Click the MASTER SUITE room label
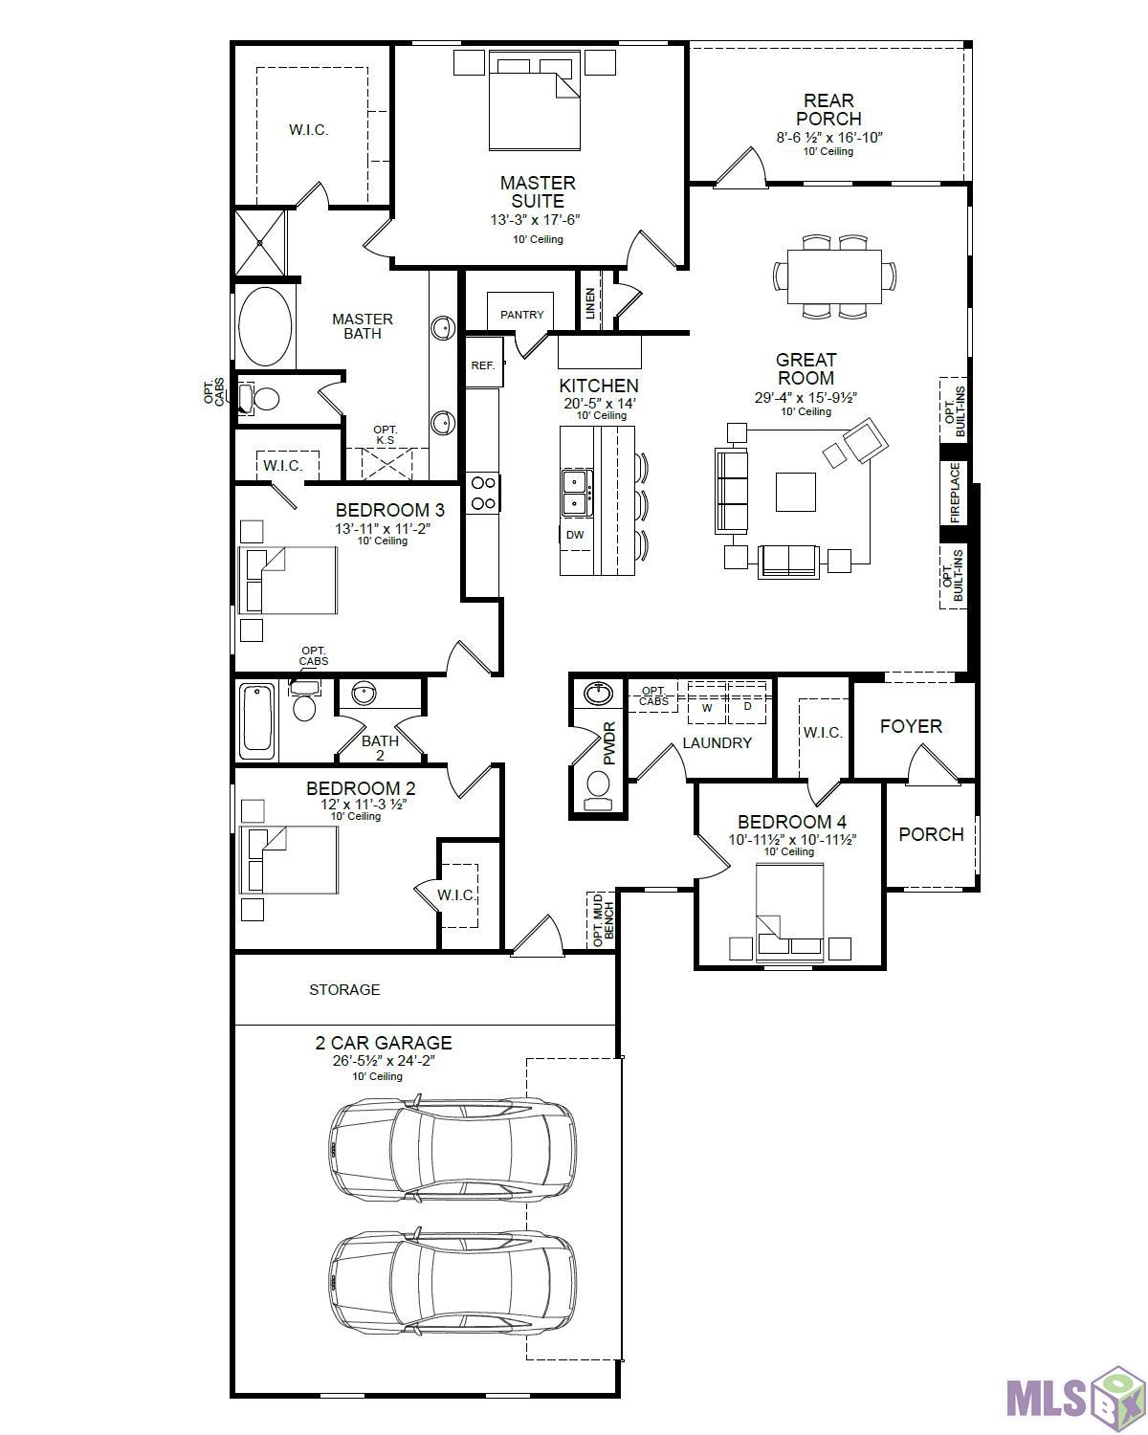[537, 191]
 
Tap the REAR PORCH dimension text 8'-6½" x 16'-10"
[828, 137]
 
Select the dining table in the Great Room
[834, 276]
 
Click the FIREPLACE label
[955, 493]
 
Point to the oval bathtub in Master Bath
[264, 327]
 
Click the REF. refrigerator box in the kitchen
[483, 364]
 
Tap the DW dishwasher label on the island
[575, 535]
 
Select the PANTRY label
[521, 314]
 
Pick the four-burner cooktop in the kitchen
[482, 493]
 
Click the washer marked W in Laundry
[707, 708]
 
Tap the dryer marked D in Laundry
[747, 708]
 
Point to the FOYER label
[911, 726]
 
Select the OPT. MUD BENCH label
[603, 920]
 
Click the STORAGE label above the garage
[344, 989]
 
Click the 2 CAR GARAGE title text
[384, 1043]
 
